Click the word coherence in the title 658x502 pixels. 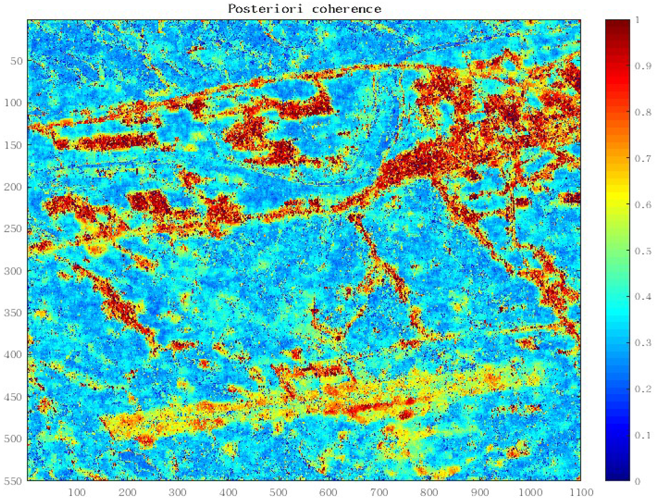click(347, 9)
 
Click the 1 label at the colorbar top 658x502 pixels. click(637, 20)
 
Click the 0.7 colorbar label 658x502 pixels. click(643, 159)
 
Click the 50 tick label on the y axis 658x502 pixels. click(17, 61)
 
